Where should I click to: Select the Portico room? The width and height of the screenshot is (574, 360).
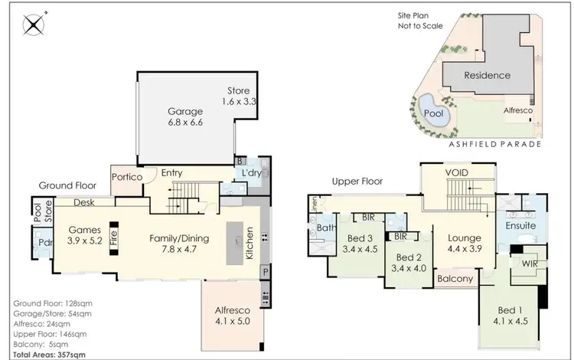point(126,178)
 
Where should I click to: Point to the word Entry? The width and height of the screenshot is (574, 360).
point(171,173)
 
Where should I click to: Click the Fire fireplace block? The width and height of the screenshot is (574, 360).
point(113,236)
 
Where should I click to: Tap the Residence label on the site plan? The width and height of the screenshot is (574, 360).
point(488,75)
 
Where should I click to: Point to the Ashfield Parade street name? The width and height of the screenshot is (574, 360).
point(497,144)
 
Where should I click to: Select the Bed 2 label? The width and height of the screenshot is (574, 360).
point(408,258)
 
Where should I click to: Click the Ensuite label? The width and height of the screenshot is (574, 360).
point(520,226)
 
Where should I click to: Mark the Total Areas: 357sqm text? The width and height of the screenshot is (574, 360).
point(49,355)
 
